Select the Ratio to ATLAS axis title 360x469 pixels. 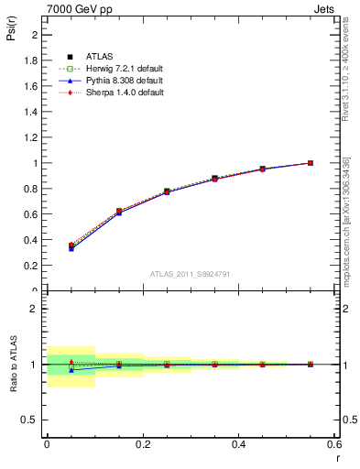point(12,364)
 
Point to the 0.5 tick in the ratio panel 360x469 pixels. point(30,420)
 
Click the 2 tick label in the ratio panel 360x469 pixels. point(34,309)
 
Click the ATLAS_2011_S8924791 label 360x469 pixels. point(190,273)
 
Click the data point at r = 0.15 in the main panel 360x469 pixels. point(118,212)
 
